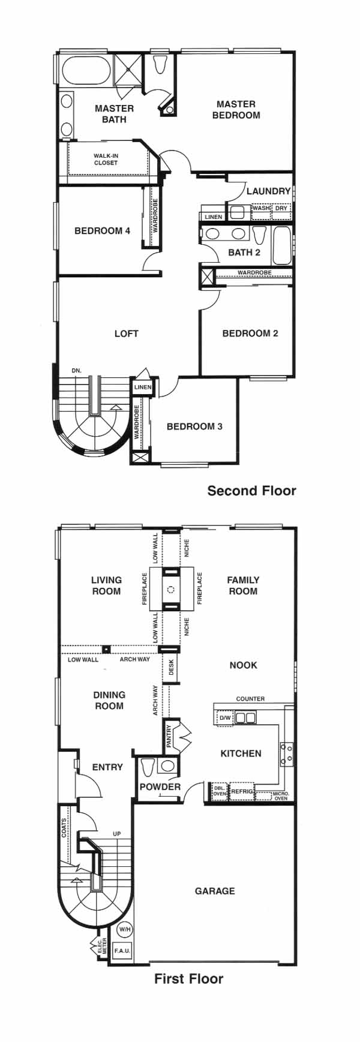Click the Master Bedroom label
(236, 109)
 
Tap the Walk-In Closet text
(106, 159)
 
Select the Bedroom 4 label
(102, 230)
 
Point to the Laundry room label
(268, 191)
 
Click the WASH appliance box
(261, 211)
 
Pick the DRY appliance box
(281, 211)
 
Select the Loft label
(127, 334)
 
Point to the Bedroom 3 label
(194, 427)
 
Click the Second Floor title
(252, 491)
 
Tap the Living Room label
(106, 585)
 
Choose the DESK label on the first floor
(171, 668)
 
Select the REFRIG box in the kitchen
(242, 792)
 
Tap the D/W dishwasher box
(224, 717)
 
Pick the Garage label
(215, 891)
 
